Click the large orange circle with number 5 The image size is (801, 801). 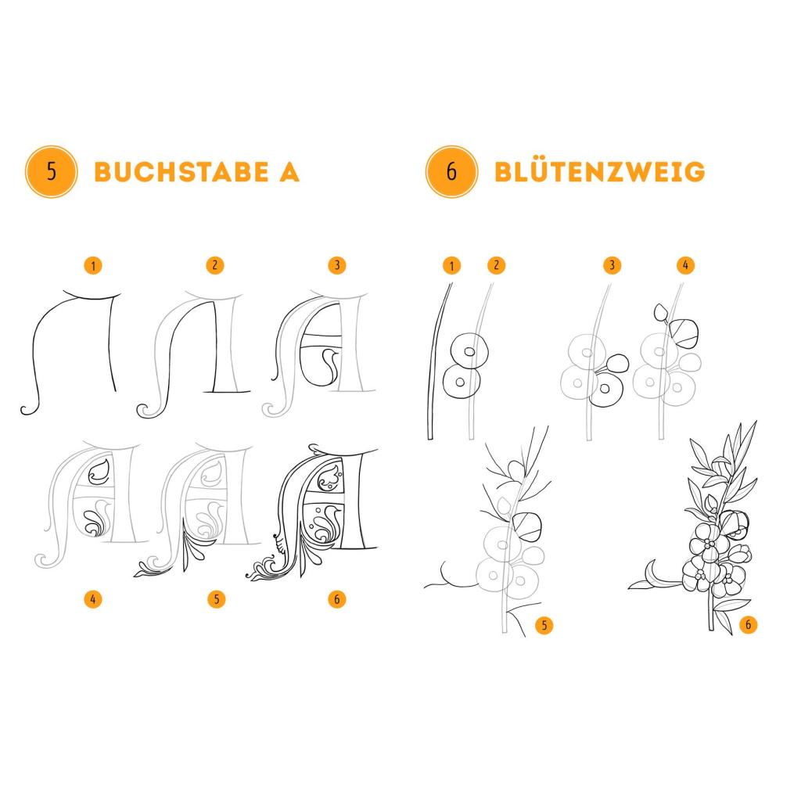pyautogui.click(x=51, y=171)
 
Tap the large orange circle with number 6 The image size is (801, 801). pyautogui.click(x=451, y=171)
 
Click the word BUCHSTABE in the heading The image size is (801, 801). pyautogui.click(x=181, y=171)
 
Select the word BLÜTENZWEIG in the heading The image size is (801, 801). pyautogui.click(x=600, y=171)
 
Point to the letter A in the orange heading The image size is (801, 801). pyautogui.click(x=289, y=171)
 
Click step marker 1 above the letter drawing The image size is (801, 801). pyautogui.click(x=93, y=266)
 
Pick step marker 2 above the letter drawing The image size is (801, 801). pyautogui.click(x=215, y=265)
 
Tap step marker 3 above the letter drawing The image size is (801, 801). pyautogui.click(x=337, y=265)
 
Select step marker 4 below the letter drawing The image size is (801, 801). pyautogui.click(x=93, y=598)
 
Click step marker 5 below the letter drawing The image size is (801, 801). pyautogui.click(x=217, y=598)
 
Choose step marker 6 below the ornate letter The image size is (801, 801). pyautogui.click(x=337, y=598)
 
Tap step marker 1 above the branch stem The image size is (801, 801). pyautogui.click(x=451, y=266)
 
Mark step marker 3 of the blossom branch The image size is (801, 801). pyautogui.click(x=612, y=265)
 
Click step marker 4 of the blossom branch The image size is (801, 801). pyautogui.click(x=685, y=265)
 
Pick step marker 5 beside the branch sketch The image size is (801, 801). pyautogui.click(x=544, y=625)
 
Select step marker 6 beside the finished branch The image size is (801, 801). pyautogui.click(x=749, y=624)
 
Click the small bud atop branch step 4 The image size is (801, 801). pyautogui.click(x=661, y=312)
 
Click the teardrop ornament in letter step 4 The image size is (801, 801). pyautogui.click(x=99, y=472)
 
